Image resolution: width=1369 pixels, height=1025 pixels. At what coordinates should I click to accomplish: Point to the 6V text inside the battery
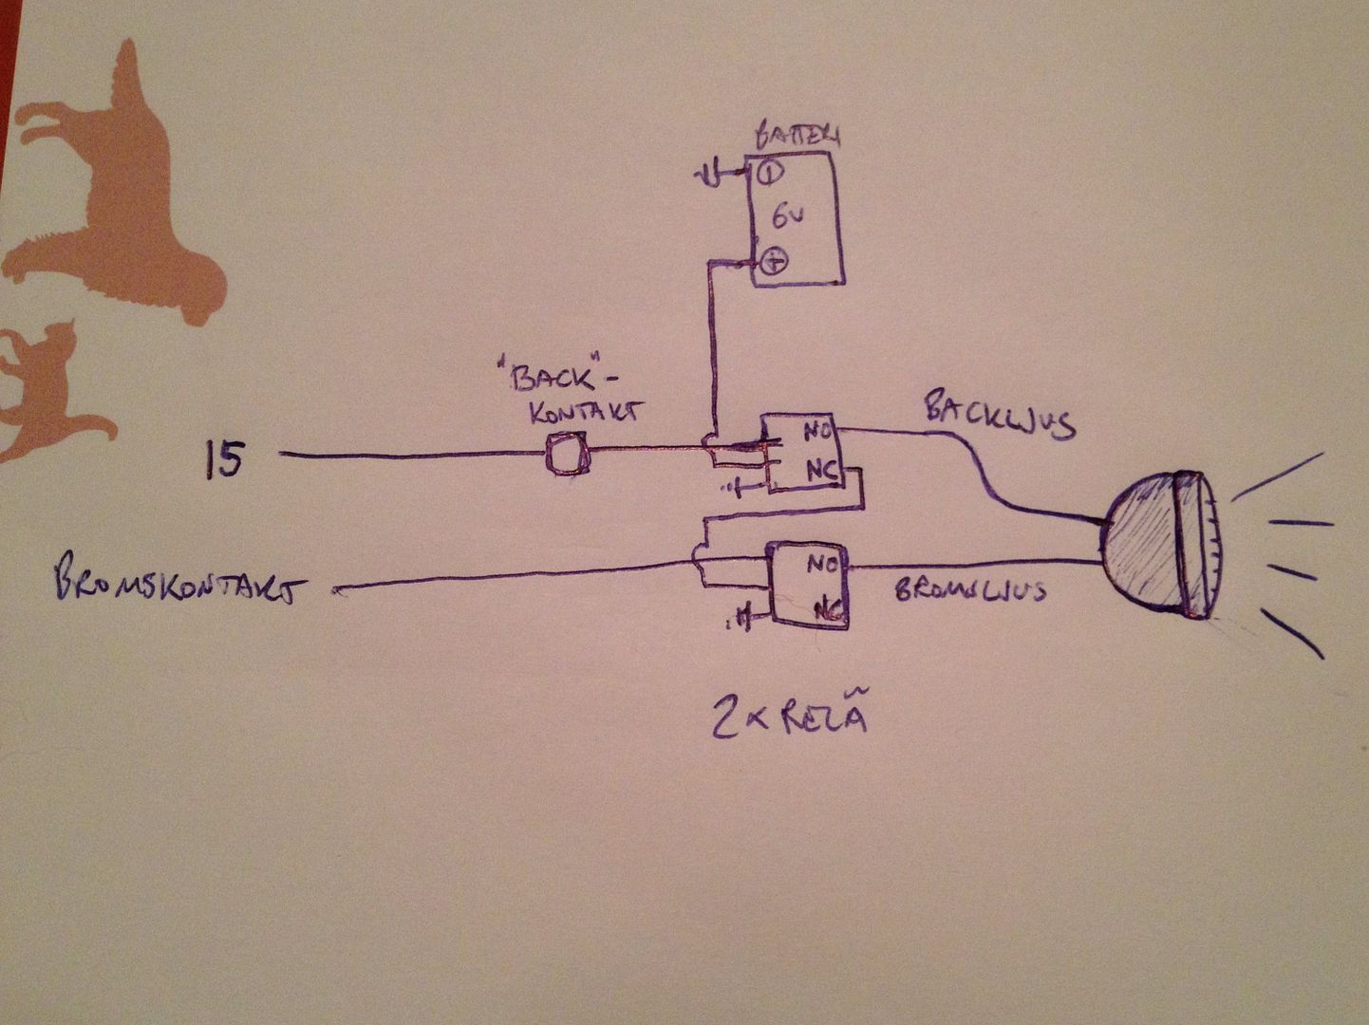click(x=788, y=217)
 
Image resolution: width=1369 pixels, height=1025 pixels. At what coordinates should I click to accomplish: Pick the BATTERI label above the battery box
click(x=796, y=136)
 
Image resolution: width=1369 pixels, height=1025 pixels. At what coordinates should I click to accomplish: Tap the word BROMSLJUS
click(x=970, y=590)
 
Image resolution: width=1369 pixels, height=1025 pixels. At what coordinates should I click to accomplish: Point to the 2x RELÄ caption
click(x=790, y=719)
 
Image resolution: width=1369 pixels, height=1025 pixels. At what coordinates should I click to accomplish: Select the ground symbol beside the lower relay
click(x=741, y=621)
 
